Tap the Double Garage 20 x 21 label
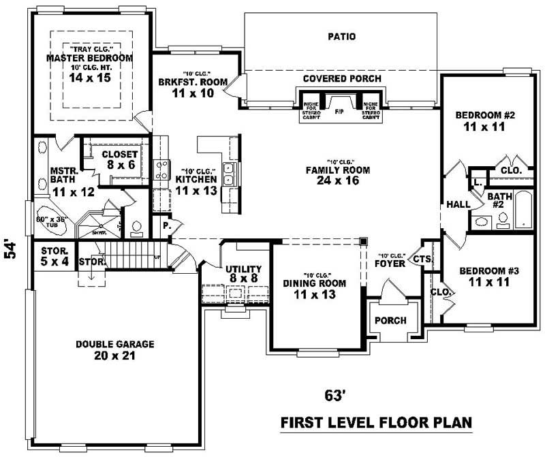point(105,350)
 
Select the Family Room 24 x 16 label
point(337,175)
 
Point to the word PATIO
point(341,37)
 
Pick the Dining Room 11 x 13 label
point(315,289)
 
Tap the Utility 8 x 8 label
point(244,274)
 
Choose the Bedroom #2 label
point(484,121)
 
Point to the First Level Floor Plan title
point(376,423)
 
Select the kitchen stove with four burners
point(163,170)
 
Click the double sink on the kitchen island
point(230,174)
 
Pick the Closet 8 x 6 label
point(120,159)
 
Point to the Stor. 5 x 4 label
point(53,255)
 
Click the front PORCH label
point(390,320)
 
